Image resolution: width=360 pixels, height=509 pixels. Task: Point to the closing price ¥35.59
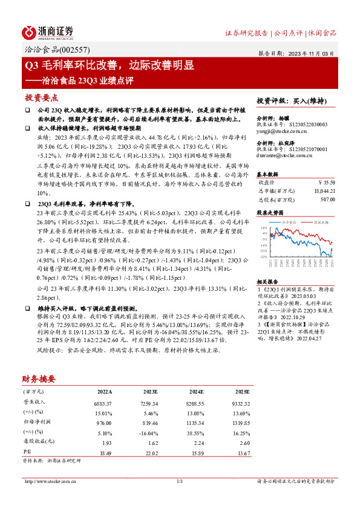326,181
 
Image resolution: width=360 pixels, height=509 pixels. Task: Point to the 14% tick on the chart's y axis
262,229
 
